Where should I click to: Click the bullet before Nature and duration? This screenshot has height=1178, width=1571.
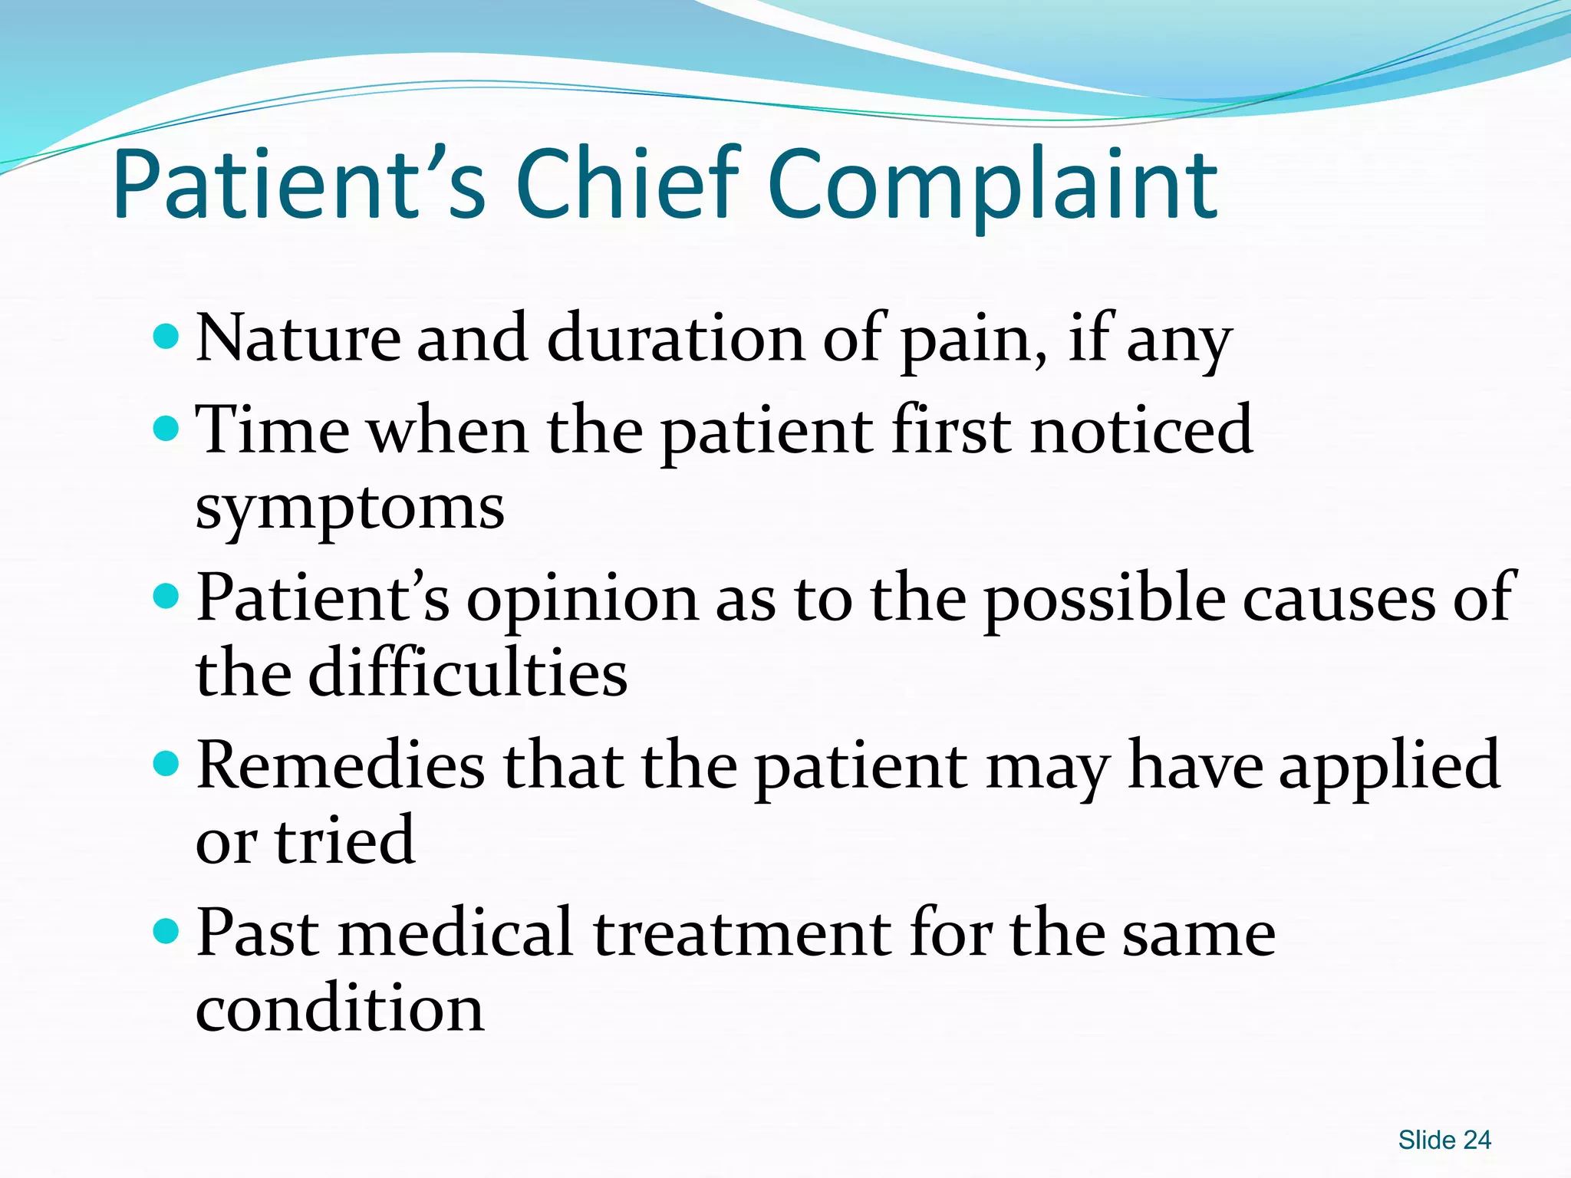[x=166, y=336]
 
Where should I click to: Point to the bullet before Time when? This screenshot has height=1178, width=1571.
[x=166, y=428]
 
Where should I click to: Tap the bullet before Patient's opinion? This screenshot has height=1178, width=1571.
[x=166, y=595]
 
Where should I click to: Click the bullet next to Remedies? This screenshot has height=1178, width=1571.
[x=166, y=763]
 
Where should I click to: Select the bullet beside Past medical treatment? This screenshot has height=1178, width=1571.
[x=166, y=931]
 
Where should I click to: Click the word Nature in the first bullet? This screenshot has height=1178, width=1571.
[x=298, y=338]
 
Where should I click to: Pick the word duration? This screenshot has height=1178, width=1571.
[x=675, y=338]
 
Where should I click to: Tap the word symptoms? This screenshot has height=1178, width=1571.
[x=350, y=509]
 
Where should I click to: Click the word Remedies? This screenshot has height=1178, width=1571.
[x=341, y=765]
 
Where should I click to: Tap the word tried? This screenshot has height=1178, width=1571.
[x=345, y=840]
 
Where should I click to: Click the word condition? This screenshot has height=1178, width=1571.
[x=340, y=1008]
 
